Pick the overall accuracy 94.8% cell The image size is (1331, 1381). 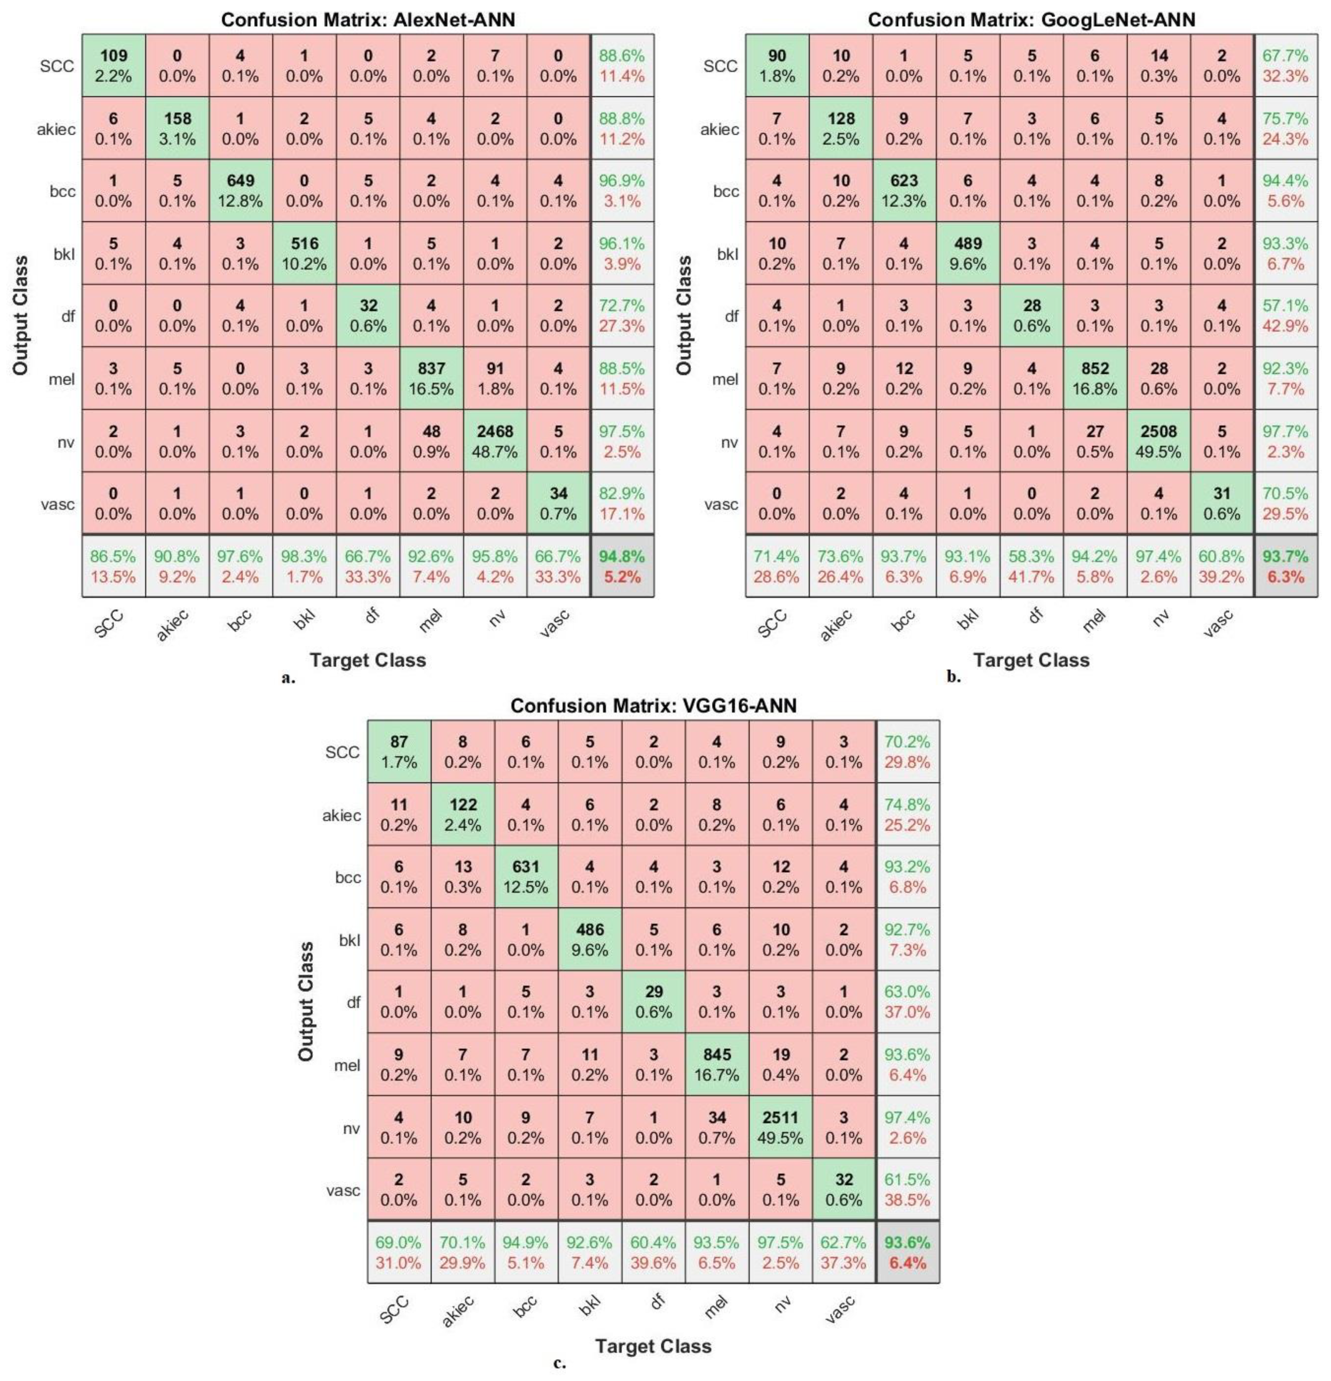[x=622, y=566]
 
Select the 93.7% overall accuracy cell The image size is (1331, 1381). [x=1285, y=566]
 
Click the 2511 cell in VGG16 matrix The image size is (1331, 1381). [x=780, y=1127]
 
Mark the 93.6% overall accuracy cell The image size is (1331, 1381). [x=907, y=1252]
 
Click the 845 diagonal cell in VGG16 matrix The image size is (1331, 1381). [x=716, y=1064]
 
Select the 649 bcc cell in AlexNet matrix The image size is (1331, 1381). [x=240, y=190]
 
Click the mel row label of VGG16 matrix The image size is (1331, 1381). [x=347, y=1065]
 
